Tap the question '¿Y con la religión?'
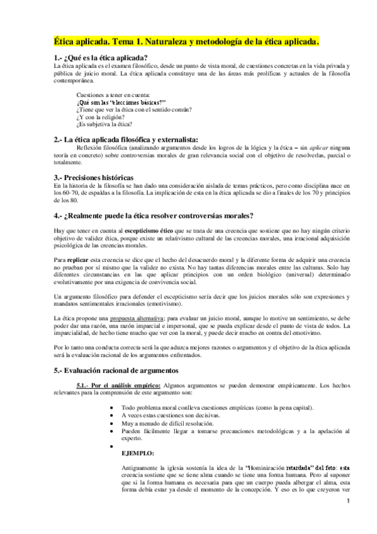pyautogui.click(x=100, y=116)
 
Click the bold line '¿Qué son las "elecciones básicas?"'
pyautogui.click(x=120, y=101)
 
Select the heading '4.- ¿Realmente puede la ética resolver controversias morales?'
pyautogui.click(x=154, y=216)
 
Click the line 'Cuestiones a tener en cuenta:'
pyautogui.click(x=111, y=94)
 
